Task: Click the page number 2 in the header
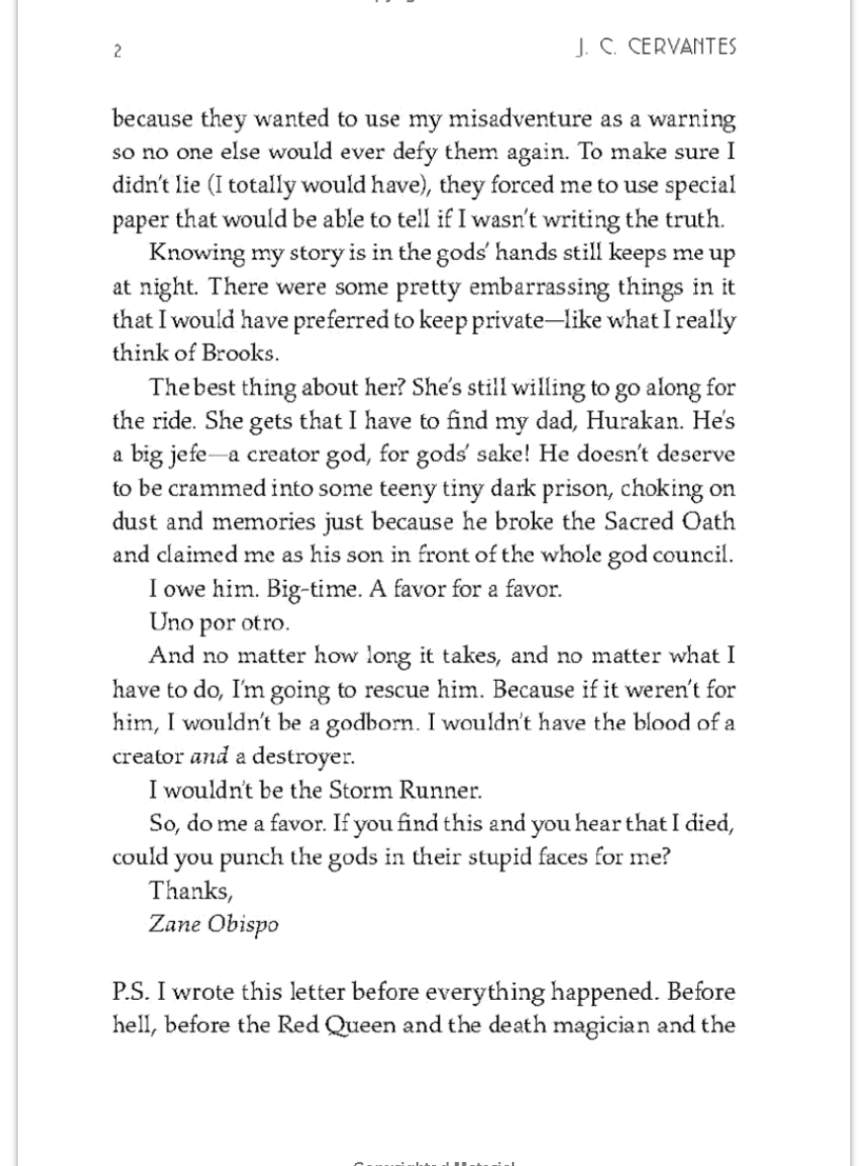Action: tap(118, 51)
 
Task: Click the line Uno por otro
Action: tap(219, 623)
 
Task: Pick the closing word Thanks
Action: tap(191, 890)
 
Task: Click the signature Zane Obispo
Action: tap(214, 924)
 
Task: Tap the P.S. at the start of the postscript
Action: tap(130, 991)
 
